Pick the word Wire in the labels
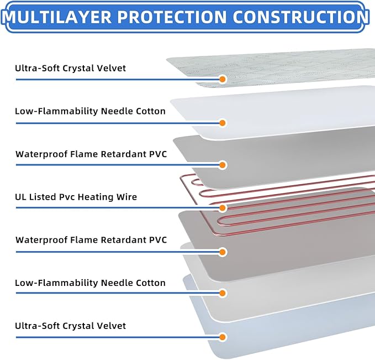(126, 197)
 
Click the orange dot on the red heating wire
(223, 208)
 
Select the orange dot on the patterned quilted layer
(223, 79)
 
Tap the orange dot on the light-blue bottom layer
(223, 337)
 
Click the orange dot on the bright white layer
(223, 122)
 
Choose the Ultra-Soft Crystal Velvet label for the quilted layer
(71, 68)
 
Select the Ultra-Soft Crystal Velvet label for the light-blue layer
(71, 326)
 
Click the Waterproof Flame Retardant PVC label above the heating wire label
(91, 154)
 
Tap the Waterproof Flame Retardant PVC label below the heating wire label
(91, 239)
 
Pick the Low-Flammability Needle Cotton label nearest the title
(90, 111)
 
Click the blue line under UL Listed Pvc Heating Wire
(110, 208)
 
